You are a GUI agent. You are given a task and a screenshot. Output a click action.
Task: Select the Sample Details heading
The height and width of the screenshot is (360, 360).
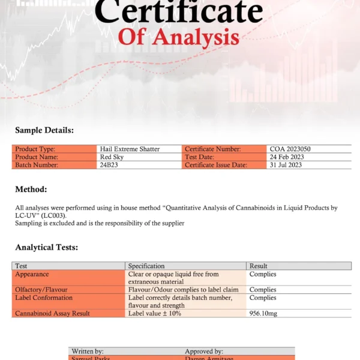(44, 130)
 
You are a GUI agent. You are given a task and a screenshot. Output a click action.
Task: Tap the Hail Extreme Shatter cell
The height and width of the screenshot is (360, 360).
(130, 149)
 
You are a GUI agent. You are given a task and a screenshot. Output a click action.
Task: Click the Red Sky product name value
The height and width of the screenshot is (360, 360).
(112, 157)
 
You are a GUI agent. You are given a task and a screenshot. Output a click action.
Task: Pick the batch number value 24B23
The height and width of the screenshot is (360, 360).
(109, 164)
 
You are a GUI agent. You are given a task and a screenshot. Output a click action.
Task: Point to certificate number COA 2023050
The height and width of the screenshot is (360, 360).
(290, 149)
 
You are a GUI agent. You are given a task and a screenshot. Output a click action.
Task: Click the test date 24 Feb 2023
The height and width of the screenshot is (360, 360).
(287, 157)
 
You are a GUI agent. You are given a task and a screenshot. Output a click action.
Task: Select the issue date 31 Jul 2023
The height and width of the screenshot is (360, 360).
(286, 164)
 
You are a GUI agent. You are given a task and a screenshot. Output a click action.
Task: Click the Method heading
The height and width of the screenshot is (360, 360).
(31, 189)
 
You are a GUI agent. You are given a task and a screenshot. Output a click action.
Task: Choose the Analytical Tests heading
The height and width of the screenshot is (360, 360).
(46, 247)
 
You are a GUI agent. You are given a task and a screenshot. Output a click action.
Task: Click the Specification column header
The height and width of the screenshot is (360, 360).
(146, 266)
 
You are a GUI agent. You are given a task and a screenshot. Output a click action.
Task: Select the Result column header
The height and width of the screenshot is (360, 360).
(259, 266)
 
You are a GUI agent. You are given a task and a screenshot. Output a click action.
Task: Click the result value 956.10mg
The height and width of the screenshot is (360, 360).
(263, 313)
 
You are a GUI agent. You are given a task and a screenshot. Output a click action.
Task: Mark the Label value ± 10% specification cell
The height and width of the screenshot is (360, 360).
(155, 313)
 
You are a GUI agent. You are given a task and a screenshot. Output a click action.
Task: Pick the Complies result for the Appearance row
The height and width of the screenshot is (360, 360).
(263, 274)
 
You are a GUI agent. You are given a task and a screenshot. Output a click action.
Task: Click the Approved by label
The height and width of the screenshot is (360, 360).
(204, 351)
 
